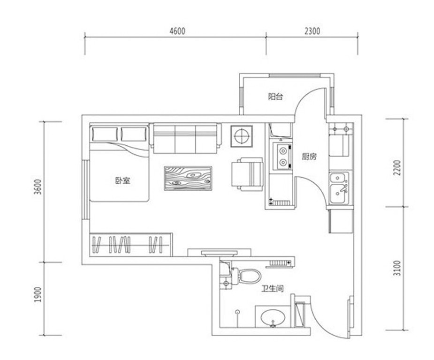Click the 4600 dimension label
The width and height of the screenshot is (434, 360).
click(177, 31)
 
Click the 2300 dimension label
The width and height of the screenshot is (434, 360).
click(312, 31)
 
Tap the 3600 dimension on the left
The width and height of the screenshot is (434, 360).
click(38, 187)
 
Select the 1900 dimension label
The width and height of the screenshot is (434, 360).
click(38, 294)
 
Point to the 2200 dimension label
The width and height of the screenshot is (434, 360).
click(397, 167)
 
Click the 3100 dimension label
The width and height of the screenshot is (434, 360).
click(397, 268)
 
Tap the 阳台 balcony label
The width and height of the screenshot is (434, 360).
click(275, 97)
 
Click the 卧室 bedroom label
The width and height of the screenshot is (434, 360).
click(122, 181)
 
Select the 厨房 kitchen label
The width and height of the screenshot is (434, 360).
click(309, 157)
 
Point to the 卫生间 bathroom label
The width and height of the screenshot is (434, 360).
click(273, 289)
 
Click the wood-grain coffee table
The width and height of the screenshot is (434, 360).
click(188, 178)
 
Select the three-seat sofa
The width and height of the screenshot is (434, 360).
click(185, 138)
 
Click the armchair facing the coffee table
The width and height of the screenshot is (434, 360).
click(247, 174)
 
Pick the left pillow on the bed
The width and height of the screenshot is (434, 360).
click(105, 134)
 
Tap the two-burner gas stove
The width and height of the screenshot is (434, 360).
click(282, 156)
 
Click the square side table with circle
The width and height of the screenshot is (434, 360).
click(242, 136)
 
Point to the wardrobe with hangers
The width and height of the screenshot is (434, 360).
click(131, 245)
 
